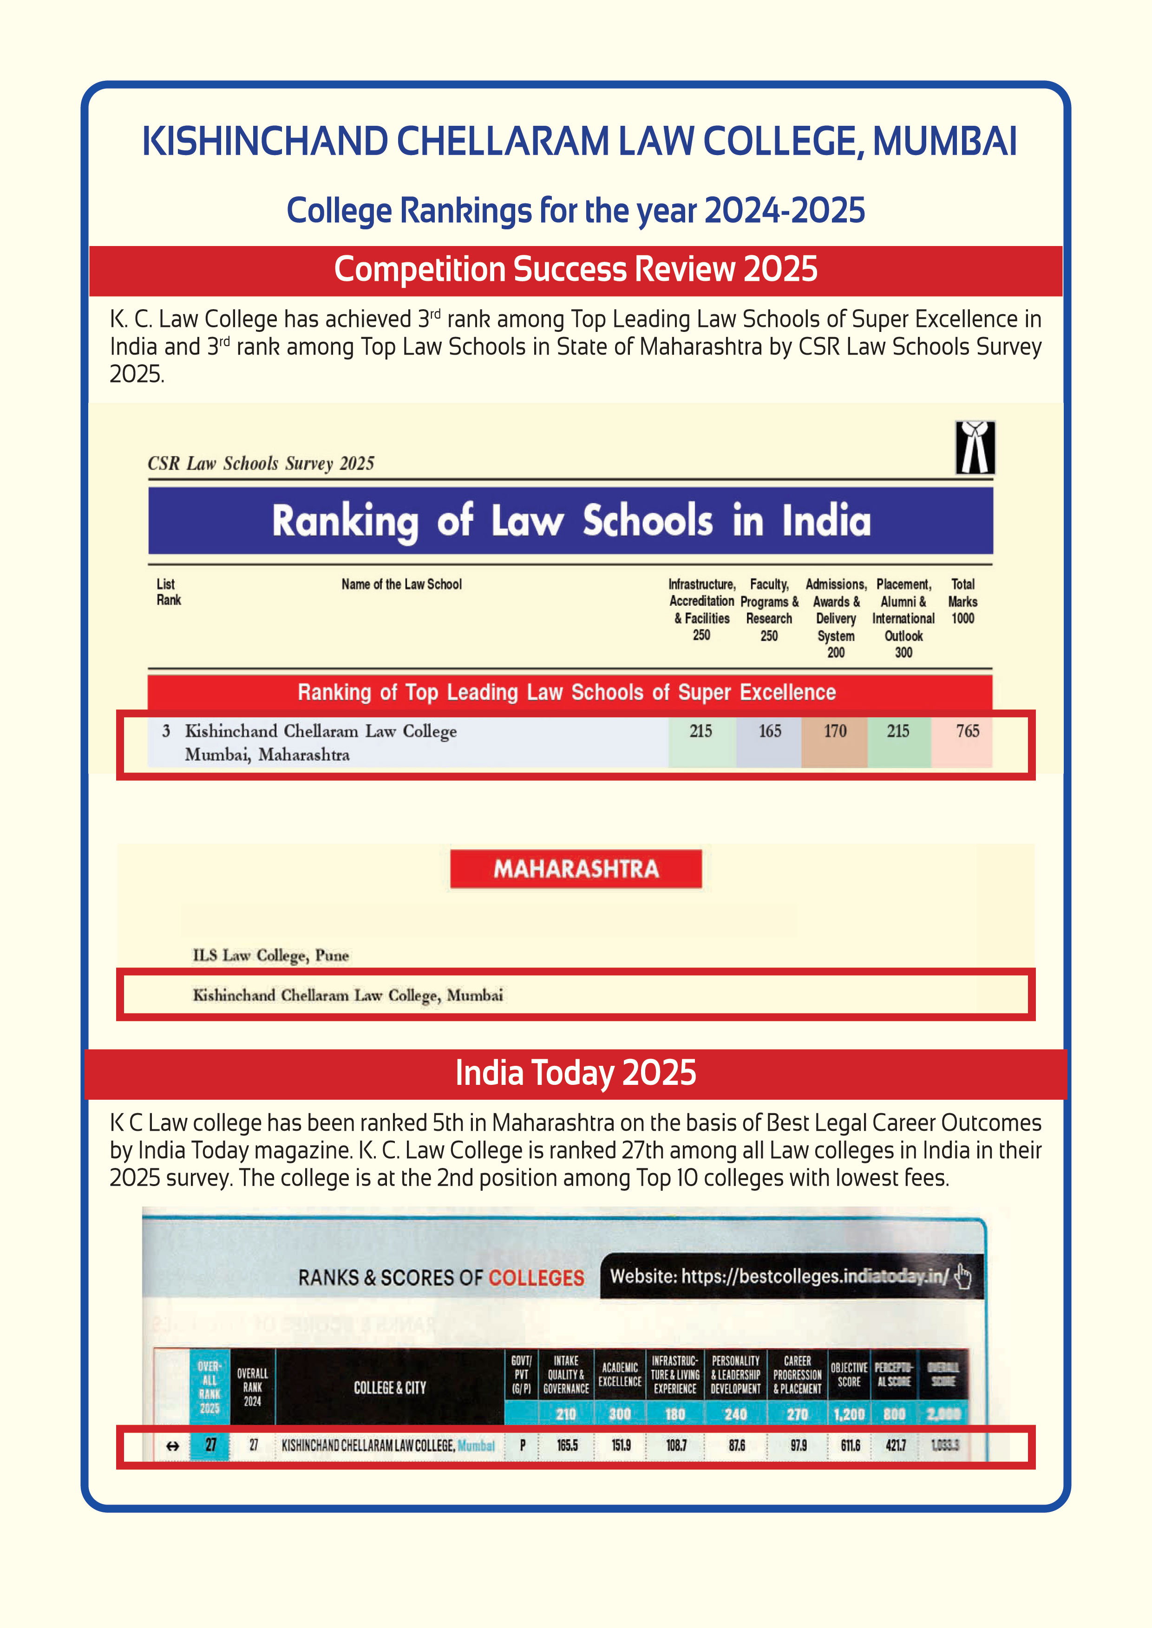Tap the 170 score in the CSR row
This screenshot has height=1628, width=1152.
point(835,731)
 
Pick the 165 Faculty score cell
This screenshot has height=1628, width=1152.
point(770,731)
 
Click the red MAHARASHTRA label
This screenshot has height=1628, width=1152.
point(576,869)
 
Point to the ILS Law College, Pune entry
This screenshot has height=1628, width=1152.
point(270,955)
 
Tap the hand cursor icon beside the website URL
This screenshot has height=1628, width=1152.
point(962,1276)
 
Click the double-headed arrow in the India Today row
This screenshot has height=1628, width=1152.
point(172,1446)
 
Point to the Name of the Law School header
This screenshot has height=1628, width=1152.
point(401,584)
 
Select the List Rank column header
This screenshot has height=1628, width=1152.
point(168,592)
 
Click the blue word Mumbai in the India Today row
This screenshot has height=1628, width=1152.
point(476,1445)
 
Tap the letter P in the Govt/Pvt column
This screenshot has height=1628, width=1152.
point(523,1445)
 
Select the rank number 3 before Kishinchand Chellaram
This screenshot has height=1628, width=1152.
point(166,731)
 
